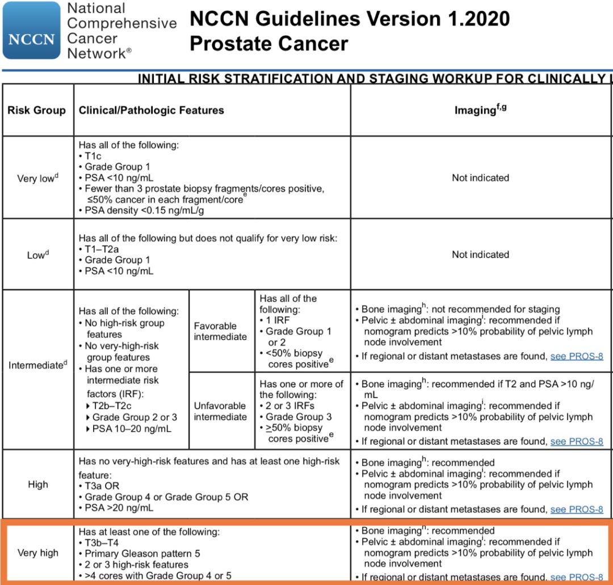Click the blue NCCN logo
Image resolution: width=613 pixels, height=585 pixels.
(x=31, y=31)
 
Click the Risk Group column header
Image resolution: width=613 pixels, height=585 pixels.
(x=36, y=110)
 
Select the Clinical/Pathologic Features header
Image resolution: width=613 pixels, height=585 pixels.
(x=152, y=110)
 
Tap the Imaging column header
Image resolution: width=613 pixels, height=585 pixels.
(x=480, y=110)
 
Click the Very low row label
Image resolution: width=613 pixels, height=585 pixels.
(x=36, y=178)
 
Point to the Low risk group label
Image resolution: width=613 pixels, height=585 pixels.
(x=37, y=255)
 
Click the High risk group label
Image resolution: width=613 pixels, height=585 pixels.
(x=37, y=484)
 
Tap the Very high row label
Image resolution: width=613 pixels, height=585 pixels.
(x=37, y=553)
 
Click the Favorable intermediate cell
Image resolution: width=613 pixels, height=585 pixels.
(x=220, y=331)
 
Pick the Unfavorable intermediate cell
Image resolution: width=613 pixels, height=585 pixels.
(x=220, y=411)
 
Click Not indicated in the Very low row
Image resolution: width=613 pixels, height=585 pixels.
(x=480, y=178)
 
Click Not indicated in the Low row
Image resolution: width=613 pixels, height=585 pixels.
(x=480, y=254)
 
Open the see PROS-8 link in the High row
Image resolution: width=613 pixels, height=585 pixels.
(x=577, y=509)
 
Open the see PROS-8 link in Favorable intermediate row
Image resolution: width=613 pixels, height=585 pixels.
(x=577, y=357)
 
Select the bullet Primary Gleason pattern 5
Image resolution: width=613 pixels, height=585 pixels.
(x=142, y=553)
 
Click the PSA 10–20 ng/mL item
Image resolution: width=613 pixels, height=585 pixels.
(x=132, y=429)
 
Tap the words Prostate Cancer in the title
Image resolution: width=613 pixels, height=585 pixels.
(x=269, y=43)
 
